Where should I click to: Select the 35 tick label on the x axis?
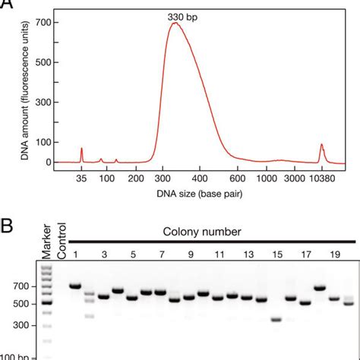click(81, 178)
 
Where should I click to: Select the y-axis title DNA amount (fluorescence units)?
click(11, 91)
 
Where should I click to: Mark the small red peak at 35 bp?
click(81, 151)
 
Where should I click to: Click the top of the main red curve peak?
click(175, 23)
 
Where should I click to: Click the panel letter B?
click(7, 227)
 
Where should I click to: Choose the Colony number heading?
click(201, 230)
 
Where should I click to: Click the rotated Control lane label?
click(63, 240)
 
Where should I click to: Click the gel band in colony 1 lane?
click(75, 308)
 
